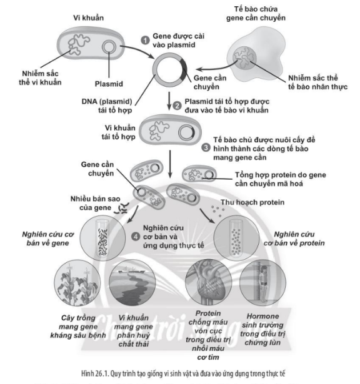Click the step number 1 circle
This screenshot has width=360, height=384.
point(145,41)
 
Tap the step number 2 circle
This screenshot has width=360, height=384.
point(177,106)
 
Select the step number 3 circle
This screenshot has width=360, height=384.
point(206,148)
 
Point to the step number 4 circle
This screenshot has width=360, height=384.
point(136,237)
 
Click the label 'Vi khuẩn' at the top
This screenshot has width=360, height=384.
point(89,18)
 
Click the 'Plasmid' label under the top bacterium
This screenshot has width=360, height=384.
point(109,84)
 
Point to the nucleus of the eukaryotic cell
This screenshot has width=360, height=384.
point(244,58)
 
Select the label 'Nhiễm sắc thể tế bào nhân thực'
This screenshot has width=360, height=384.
point(317,82)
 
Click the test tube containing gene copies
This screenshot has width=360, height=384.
point(102,237)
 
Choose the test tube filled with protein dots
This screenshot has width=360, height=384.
point(236,238)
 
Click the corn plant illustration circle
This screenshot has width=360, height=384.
point(77,283)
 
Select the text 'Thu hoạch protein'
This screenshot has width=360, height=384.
point(252,202)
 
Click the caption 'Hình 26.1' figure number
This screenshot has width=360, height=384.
point(95,374)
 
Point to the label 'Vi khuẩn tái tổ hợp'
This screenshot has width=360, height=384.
point(118,132)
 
